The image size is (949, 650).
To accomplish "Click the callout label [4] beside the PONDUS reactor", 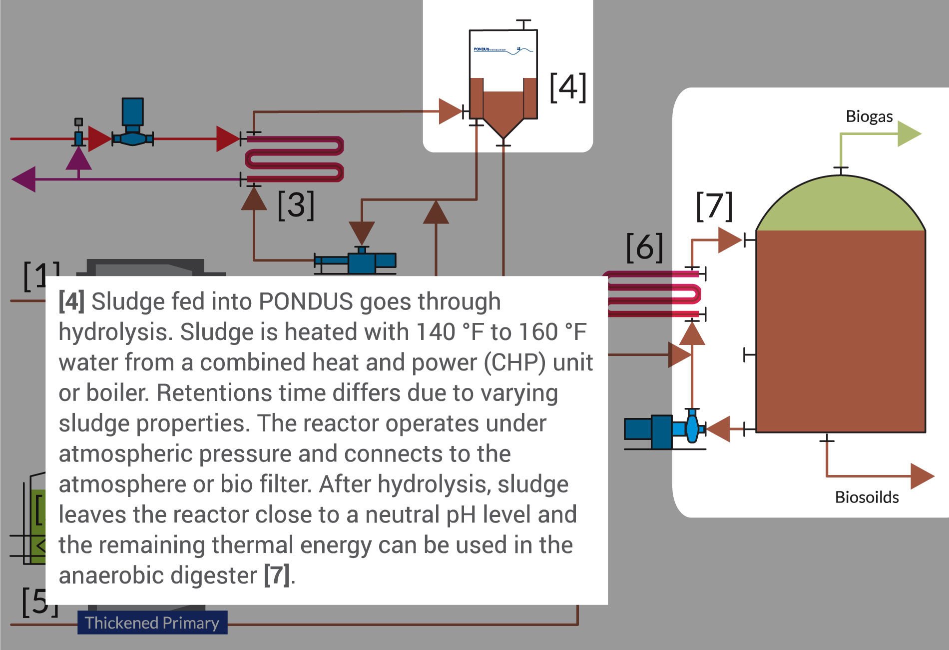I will pos(567,87).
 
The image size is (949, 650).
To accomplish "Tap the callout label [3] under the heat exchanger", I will pos(296,204).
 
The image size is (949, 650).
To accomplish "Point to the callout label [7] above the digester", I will pos(714,205).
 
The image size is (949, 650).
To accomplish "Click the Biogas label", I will pos(869,116).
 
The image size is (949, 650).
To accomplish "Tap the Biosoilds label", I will pos(867,497).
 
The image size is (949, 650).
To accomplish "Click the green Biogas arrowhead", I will pos(909,133).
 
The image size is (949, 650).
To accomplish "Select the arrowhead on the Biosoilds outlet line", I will pos(921,475).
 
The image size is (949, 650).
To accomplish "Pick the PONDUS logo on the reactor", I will pos(502,49).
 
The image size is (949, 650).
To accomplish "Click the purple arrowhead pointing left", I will pos(23,179).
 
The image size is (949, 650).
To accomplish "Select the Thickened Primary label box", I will pos(152,622).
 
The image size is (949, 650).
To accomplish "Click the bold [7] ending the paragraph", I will pos(276,575).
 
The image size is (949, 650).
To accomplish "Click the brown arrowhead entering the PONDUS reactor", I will pos(450,111).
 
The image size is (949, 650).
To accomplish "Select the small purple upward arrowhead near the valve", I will pos(78,159).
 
